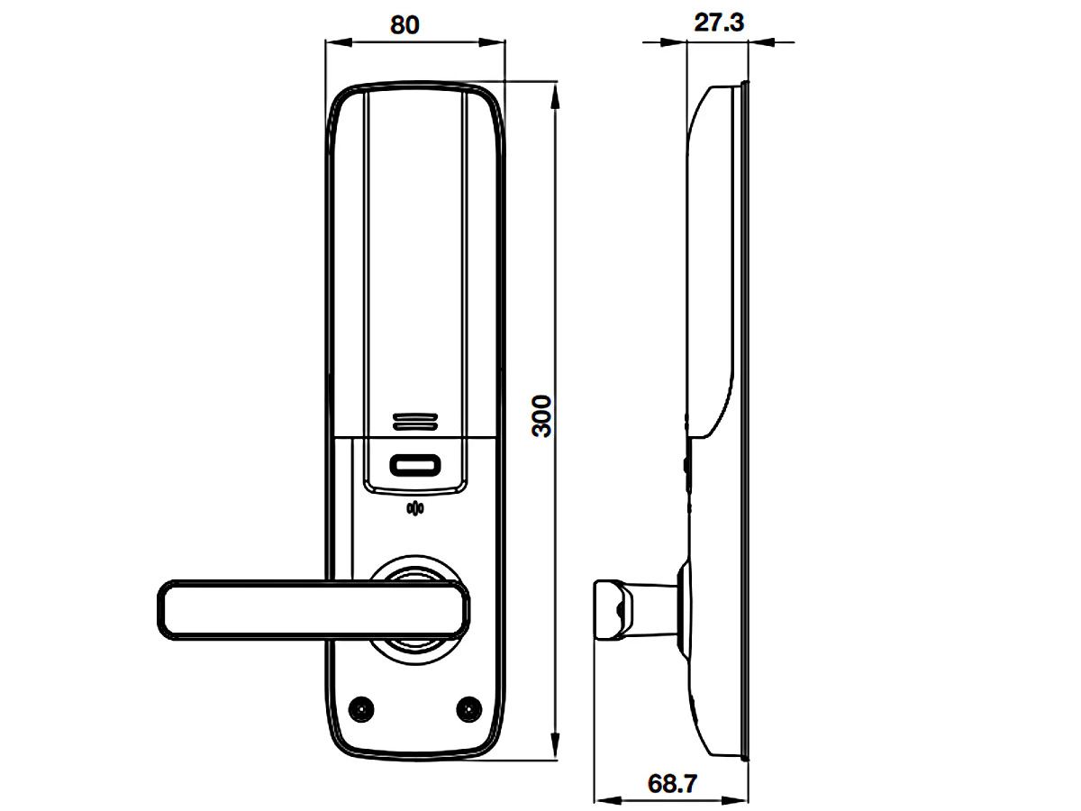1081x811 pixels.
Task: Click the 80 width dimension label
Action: tap(404, 24)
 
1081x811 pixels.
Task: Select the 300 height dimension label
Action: tap(540, 415)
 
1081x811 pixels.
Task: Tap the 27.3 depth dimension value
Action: tap(718, 23)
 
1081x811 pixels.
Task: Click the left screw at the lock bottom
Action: tap(362, 708)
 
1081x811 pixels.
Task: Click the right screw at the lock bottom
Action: tap(468, 708)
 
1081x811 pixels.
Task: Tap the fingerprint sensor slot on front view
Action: tap(415, 466)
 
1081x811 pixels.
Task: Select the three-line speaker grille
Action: tap(415, 422)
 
